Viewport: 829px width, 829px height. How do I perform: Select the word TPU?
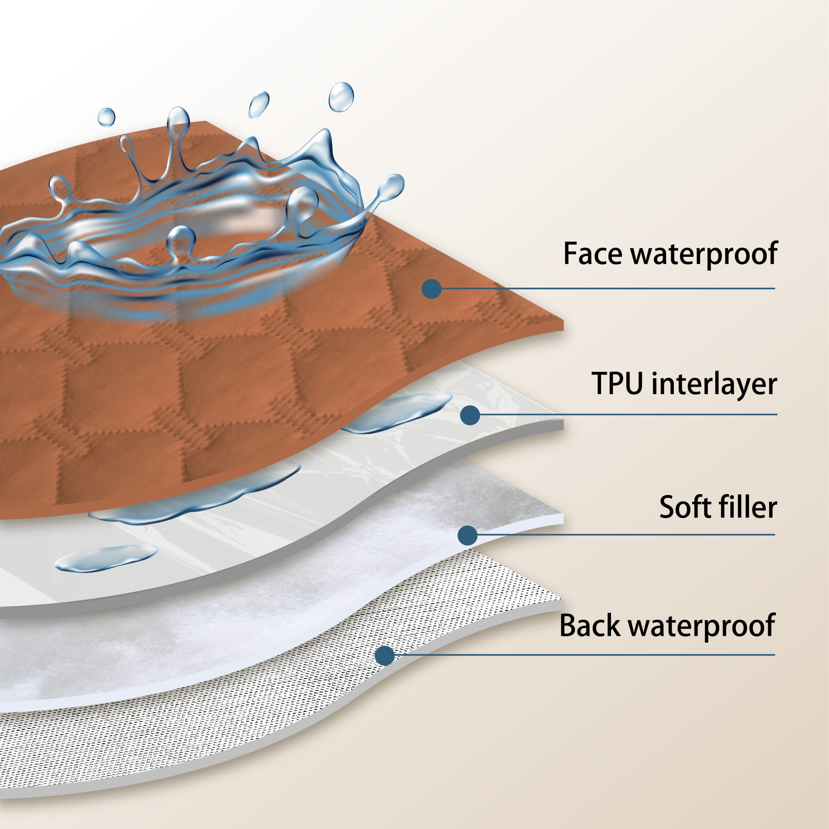click(x=617, y=383)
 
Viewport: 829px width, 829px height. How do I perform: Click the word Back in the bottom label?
click(x=590, y=626)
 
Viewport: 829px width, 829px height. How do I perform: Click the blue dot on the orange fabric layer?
click(x=432, y=289)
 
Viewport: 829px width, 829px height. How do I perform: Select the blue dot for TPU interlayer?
click(x=470, y=415)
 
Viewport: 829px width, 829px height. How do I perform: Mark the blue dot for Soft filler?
click(x=468, y=535)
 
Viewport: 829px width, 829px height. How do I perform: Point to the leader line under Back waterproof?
click(x=585, y=655)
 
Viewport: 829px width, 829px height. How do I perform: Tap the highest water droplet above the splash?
click(x=341, y=97)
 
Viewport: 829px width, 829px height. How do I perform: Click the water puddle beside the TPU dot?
click(x=397, y=412)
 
